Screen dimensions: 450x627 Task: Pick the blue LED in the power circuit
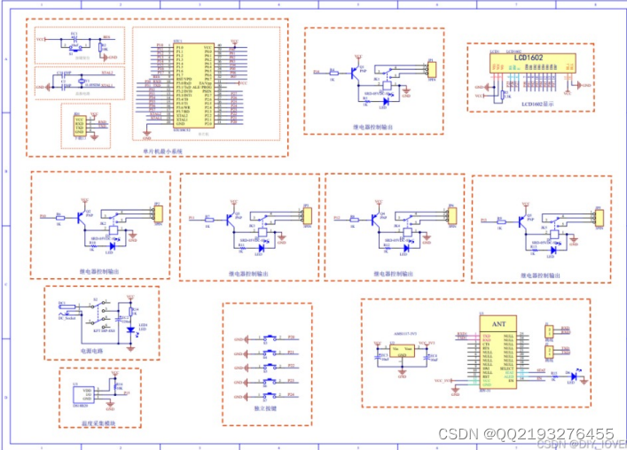click(x=131, y=330)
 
